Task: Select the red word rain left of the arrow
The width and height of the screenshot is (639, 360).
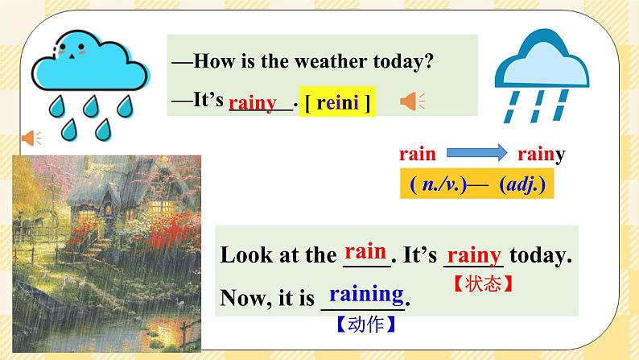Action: pos(417,154)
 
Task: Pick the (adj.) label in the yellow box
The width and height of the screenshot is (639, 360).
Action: pos(522,184)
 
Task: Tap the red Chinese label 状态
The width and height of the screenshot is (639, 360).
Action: pos(483,284)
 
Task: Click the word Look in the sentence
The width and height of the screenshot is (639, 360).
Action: pos(244,256)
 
